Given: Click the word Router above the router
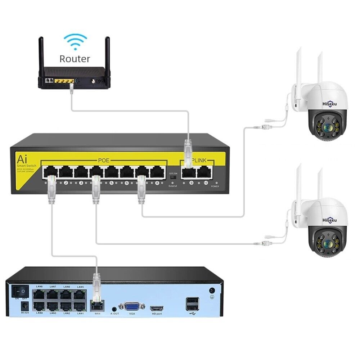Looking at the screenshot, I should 75,59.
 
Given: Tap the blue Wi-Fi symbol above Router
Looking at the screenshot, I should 75,41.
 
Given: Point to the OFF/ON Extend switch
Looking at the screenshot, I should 173,177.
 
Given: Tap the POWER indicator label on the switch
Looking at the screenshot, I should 215,186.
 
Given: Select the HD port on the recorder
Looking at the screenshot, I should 157,309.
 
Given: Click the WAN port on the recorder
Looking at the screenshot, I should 96,306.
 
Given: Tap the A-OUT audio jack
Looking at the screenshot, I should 114,308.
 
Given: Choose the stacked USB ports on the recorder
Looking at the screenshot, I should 192,305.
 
